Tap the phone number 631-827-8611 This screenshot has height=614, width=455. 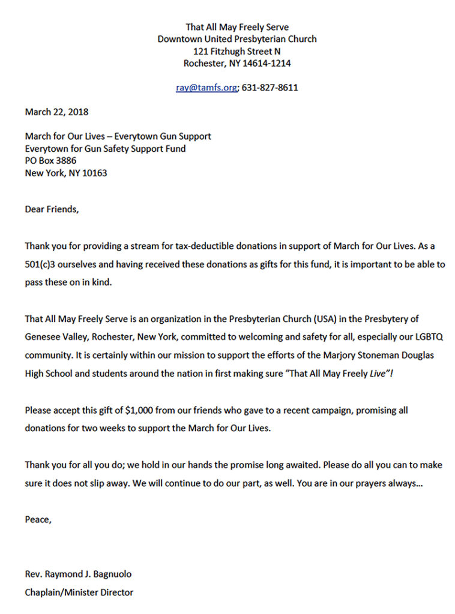(270, 88)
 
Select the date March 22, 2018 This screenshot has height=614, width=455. (56, 112)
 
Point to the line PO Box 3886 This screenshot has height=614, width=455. (50, 161)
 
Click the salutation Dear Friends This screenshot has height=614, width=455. (52, 209)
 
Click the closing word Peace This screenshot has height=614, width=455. (38, 519)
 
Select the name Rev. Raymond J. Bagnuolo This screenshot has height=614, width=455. (78, 574)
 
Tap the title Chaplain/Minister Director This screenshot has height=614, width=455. (79, 592)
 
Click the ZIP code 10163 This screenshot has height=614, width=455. (95, 173)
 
